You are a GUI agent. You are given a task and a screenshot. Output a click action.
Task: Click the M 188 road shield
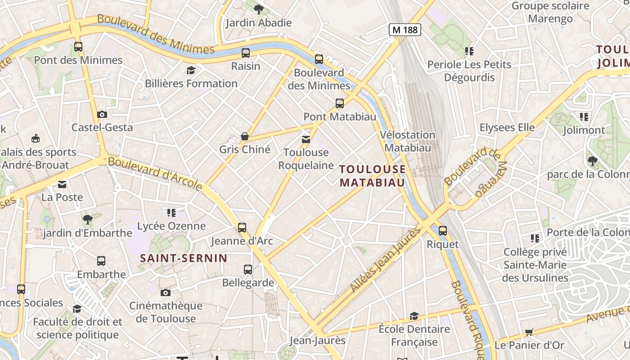point(405,30)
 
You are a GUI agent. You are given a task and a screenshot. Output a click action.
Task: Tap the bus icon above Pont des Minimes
point(78,46)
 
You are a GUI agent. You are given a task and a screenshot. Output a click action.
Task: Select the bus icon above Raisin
point(246,53)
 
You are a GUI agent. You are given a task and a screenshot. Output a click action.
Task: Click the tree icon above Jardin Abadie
point(259,9)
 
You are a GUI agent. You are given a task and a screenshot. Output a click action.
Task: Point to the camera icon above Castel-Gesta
point(102,114)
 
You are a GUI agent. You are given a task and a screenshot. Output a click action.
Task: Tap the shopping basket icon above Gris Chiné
point(245,136)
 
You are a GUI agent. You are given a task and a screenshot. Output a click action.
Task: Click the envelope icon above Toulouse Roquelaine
point(306,139)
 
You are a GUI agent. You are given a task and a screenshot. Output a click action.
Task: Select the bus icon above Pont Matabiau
point(340,103)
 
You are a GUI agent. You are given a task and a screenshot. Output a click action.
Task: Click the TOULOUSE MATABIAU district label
point(373,175)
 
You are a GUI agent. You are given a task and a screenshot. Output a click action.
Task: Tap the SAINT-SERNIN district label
point(184,258)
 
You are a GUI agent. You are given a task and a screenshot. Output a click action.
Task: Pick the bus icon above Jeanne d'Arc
point(242,227)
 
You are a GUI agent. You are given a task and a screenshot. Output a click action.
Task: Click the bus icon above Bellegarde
point(248,269)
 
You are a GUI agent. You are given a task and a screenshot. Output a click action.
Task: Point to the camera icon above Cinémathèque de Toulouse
point(166,292)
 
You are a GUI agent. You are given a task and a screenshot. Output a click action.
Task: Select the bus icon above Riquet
point(443,231)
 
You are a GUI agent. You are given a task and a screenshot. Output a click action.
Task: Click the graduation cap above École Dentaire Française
point(414,316)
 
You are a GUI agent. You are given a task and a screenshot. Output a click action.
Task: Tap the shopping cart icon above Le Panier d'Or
point(529,332)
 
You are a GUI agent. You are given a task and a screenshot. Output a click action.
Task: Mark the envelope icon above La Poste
point(62,184)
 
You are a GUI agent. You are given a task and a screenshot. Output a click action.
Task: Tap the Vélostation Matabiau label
point(408,141)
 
